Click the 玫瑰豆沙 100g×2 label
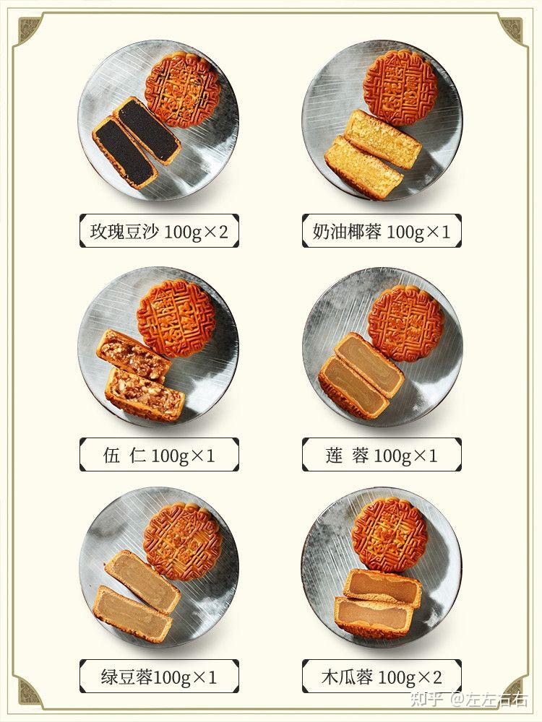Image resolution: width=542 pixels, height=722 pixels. (x=159, y=231)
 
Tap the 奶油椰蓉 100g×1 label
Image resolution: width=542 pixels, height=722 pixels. (x=382, y=231)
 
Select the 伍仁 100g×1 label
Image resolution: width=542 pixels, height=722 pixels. (x=159, y=455)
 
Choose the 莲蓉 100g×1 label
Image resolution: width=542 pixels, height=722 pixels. (x=382, y=455)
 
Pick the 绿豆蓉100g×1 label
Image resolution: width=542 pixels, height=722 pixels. (x=159, y=677)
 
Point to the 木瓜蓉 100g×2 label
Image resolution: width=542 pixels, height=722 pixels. (x=382, y=677)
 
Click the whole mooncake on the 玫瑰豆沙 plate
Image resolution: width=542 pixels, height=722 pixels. (x=183, y=90)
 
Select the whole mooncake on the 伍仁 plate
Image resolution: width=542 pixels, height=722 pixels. (x=176, y=318)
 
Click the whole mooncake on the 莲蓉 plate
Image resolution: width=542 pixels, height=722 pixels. (x=406, y=323)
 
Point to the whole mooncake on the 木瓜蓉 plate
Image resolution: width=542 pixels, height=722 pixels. (x=390, y=534)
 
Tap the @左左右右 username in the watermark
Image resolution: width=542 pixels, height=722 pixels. (x=489, y=700)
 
